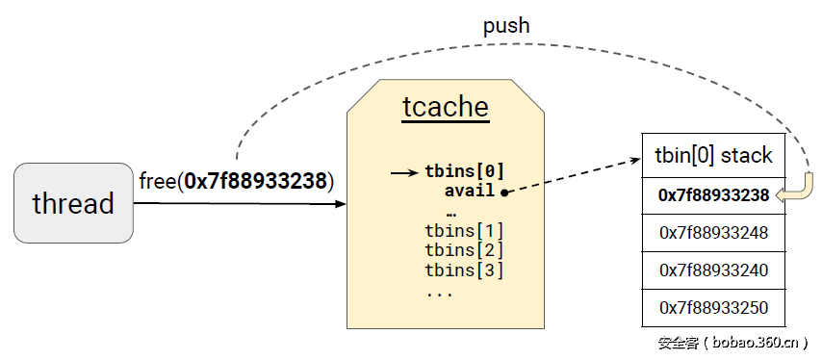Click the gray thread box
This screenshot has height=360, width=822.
[72, 202]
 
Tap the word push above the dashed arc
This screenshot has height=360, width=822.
[506, 25]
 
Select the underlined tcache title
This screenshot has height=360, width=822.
[445, 108]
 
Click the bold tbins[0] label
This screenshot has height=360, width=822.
[464, 172]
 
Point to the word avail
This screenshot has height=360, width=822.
[470, 191]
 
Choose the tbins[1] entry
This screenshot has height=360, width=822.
[464, 231]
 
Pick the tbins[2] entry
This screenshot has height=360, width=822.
[464, 250]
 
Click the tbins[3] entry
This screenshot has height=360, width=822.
[464, 270]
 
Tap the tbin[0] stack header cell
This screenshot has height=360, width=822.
[713, 155]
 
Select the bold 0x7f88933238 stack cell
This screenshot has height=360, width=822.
[713, 195]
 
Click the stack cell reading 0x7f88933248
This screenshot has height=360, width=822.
[713, 233]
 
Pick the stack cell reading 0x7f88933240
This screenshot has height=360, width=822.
[713, 270]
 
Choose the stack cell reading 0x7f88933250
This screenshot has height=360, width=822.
[713, 308]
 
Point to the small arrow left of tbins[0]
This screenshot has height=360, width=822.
[404, 172]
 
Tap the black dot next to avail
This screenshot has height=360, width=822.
[504, 192]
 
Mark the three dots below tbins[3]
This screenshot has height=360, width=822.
[439, 291]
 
